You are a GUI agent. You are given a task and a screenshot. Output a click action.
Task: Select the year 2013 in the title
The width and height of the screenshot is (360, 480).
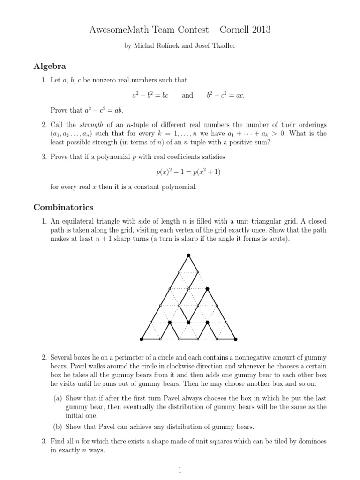click(x=260, y=30)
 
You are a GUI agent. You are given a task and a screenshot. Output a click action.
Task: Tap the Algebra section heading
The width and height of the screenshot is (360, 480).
click(x=50, y=66)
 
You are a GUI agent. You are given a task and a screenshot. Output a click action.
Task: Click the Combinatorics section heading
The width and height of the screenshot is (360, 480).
click(x=63, y=207)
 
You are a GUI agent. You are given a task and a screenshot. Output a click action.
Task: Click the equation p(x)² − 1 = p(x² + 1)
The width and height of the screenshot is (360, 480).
click(x=188, y=172)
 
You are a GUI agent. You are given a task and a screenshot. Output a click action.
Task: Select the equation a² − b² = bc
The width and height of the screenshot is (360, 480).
click(x=150, y=95)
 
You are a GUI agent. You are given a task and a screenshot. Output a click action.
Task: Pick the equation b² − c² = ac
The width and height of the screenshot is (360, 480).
click(x=225, y=95)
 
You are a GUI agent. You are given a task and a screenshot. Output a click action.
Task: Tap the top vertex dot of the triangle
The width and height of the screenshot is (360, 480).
click(x=188, y=255)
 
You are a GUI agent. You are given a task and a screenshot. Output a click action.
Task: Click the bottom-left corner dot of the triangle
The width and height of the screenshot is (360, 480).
click(x=142, y=339)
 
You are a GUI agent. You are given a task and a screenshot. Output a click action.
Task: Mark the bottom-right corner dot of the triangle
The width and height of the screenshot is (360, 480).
click(x=235, y=339)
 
